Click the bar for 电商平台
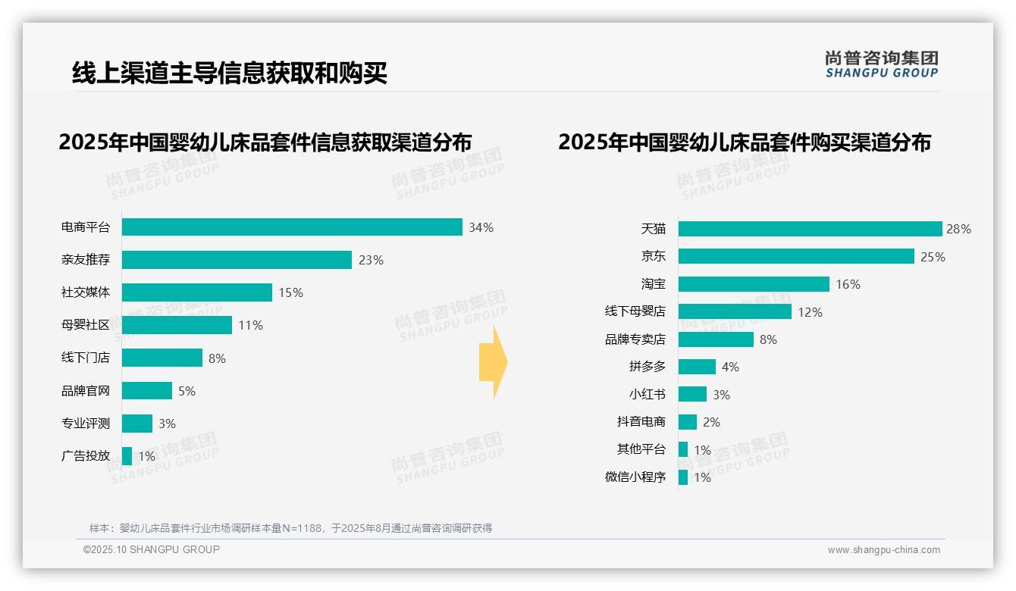[x=292, y=227]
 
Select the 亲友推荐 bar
[x=237, y=260]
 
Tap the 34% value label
[x=481, y=227]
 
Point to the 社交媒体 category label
[x=86, y=292]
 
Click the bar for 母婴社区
[x=177, y=325]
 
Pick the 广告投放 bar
[x=127, y=456]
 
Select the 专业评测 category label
[x=86, y=424]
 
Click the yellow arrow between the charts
[x=493, y=363]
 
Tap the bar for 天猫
[x=810, y=229]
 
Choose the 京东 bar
[x=796, y=257]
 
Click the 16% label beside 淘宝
[x=848, y=284]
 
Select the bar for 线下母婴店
[x=735, y=311]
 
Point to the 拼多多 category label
[x=647, y=367]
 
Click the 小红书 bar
[x=692, y=394]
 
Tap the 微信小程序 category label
[x=635, y=477]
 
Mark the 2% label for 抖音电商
[x=710, y=422]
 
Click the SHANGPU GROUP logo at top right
[x=881, y=64]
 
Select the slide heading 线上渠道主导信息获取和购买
[x=230, y=73]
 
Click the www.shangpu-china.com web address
[x=883, y=550]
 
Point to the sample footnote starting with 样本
[x=290, y=528]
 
